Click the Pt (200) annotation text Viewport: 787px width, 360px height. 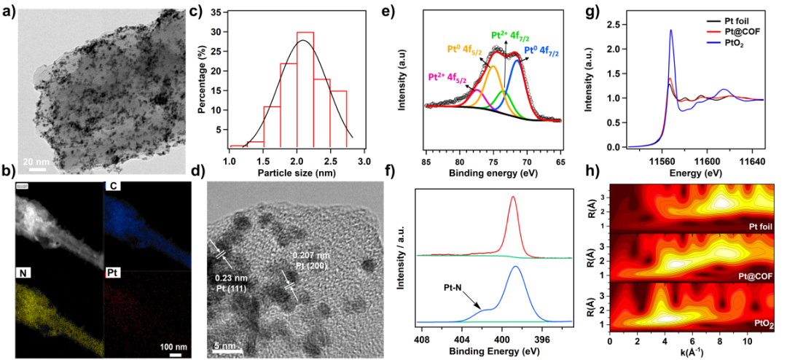[x=311, y=266]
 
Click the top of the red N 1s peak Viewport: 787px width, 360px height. [x=513, y=196]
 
